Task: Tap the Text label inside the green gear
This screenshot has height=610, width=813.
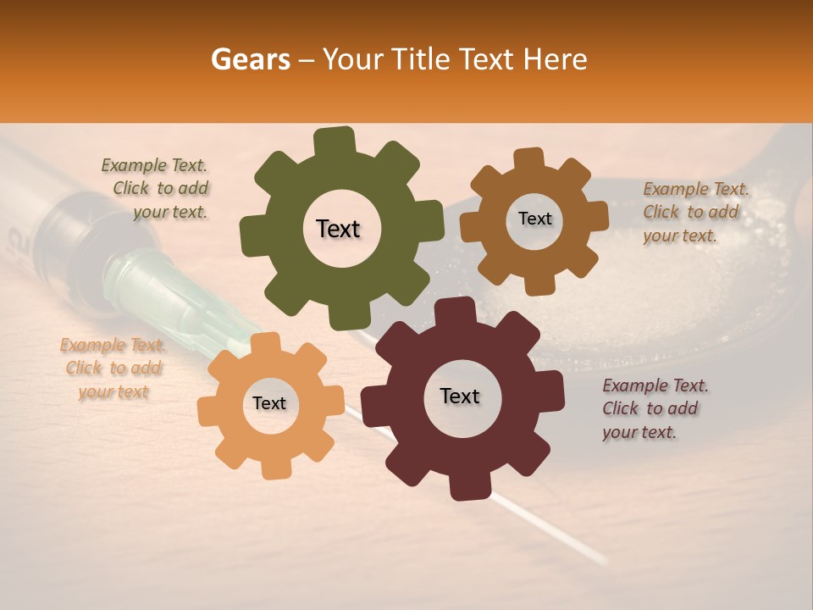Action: coord(338,229)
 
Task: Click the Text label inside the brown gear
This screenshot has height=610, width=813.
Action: coord(534,219)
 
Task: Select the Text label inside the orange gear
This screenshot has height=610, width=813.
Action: coord(269,404)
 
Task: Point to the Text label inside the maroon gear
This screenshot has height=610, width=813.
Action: coord(460,396)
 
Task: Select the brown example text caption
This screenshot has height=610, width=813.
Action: coord(694,212)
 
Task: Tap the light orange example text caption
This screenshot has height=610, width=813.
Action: coord(113,369)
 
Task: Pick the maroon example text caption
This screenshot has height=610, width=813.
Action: coord(654,408)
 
